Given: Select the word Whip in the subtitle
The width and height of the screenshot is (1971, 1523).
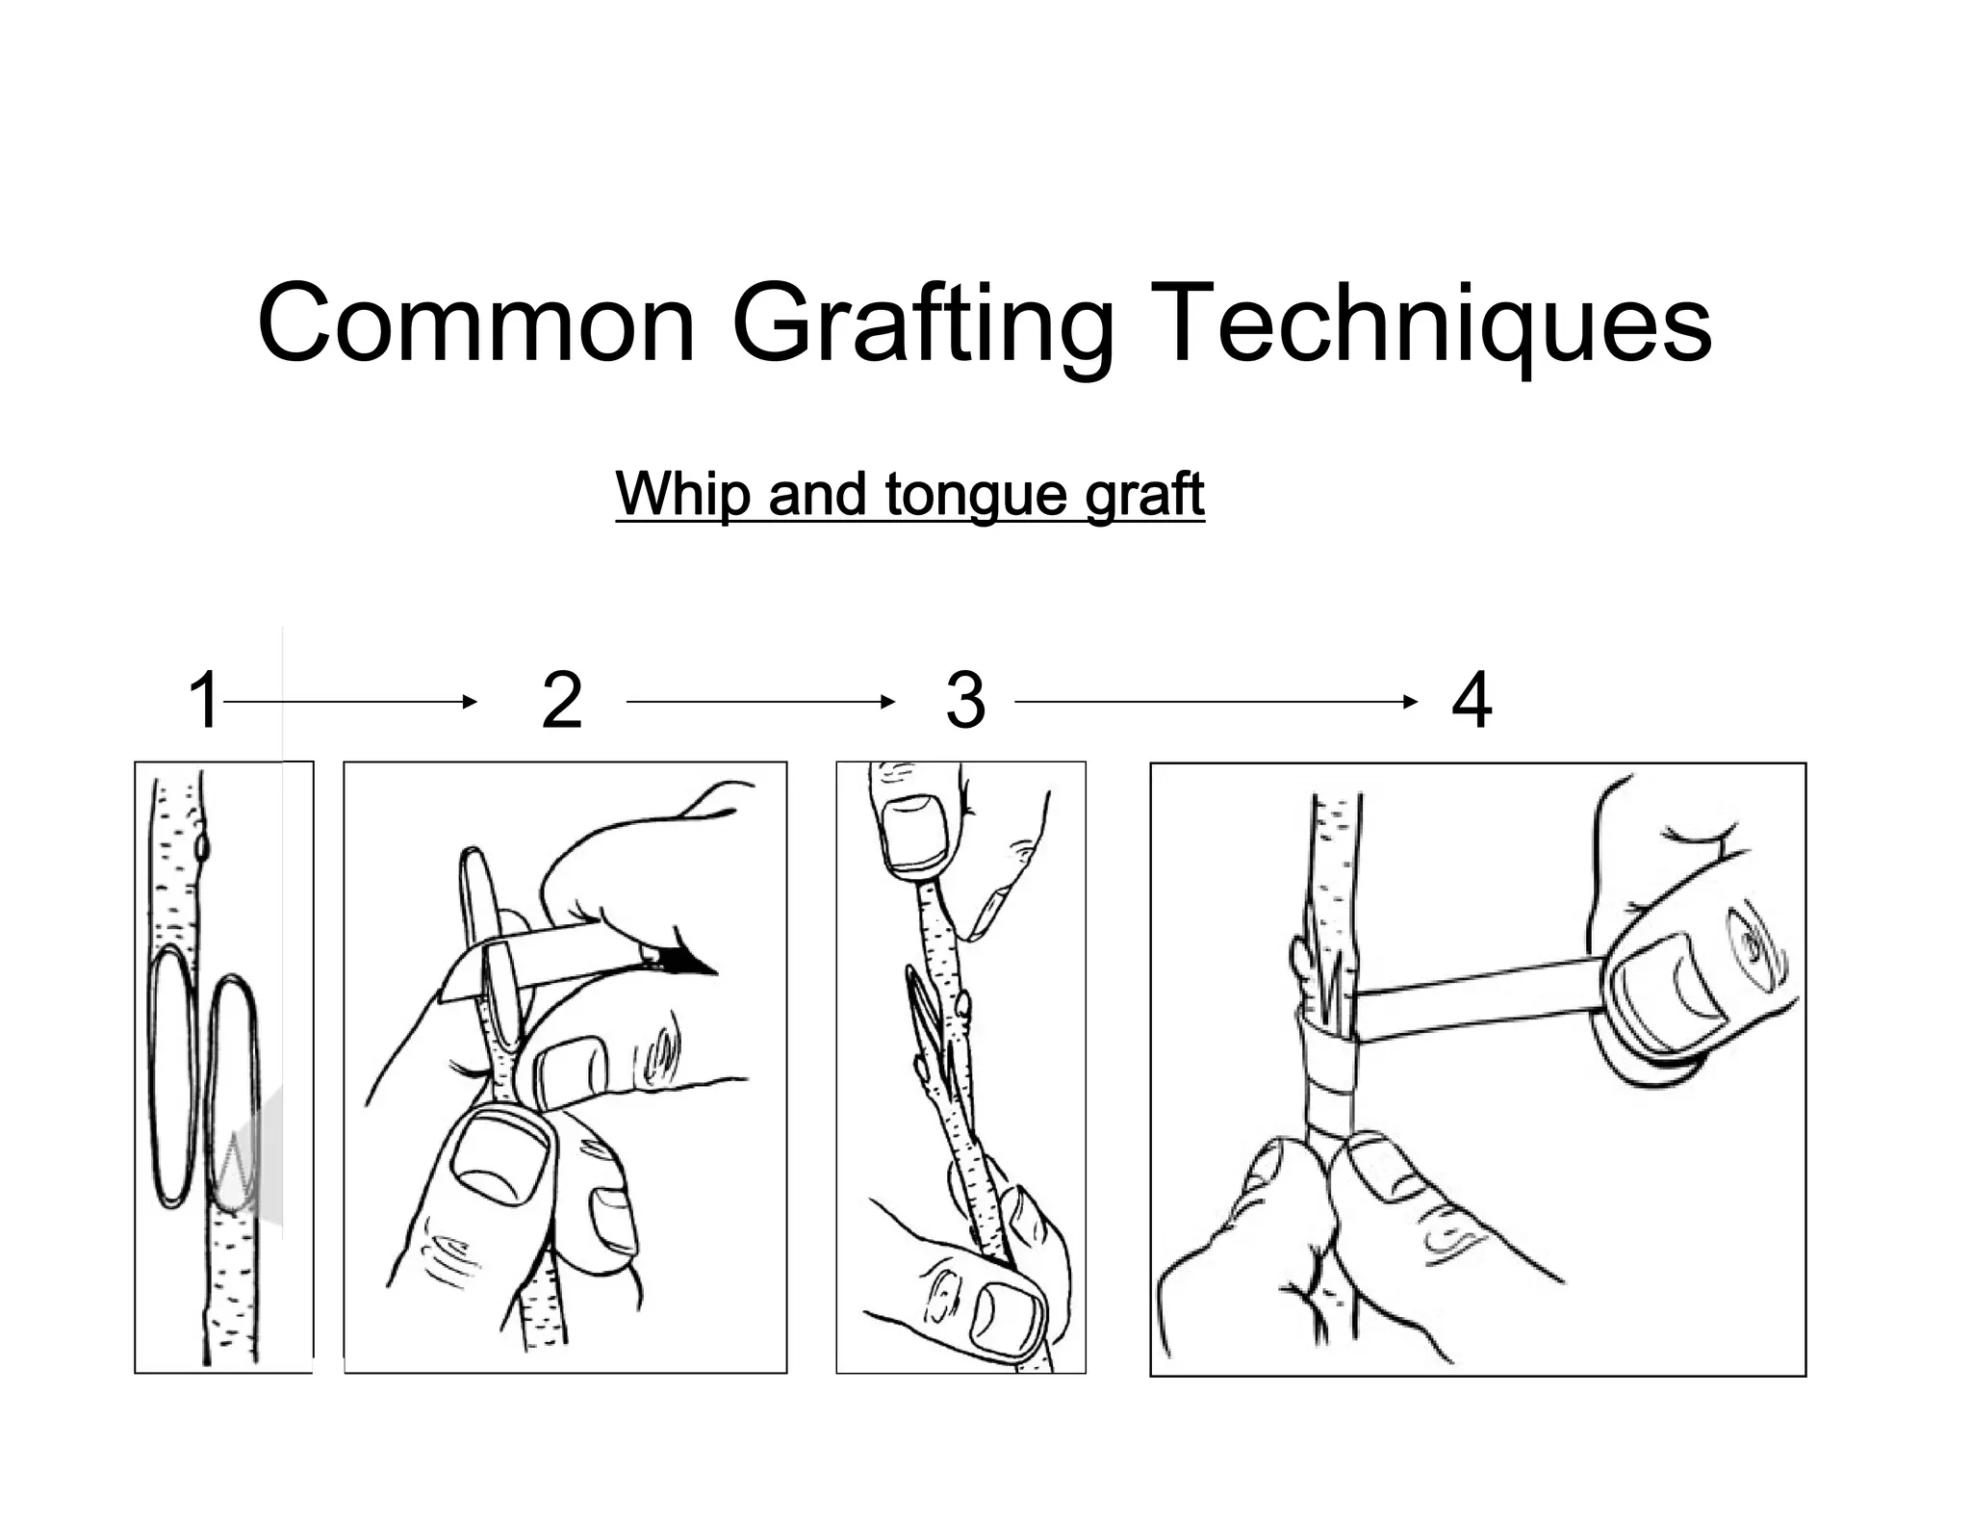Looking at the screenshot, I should (x=683, y=493).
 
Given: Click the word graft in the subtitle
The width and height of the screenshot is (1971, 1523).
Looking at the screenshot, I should (x=1144, y=495).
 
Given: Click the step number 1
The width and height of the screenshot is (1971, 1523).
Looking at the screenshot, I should (x=204, y=701).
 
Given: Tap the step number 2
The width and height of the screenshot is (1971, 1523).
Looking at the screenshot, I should (x=562, y=701).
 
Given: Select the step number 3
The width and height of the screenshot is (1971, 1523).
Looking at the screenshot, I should (x=965, y=701).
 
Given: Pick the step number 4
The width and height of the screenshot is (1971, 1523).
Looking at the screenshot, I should (x=1472, y=701).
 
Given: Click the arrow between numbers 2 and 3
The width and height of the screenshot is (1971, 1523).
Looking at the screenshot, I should (x=760, y=702).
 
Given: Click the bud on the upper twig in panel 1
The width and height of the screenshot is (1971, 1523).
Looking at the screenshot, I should (x=202, y=848).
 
